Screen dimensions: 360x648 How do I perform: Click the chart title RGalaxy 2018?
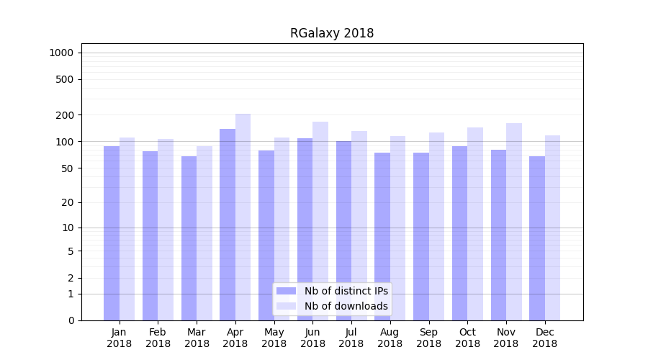click(332, 33)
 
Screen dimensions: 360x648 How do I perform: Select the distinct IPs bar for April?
click(228, 223)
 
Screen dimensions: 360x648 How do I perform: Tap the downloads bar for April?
click(243, 216)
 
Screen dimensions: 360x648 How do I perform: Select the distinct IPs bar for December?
click(537, 238)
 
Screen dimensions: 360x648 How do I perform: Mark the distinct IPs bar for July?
click(343, 230)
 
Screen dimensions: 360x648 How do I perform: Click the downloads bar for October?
click(475, 223)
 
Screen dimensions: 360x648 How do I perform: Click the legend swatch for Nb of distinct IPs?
click(287, 291)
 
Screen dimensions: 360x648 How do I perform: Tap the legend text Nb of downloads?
click(346, 306)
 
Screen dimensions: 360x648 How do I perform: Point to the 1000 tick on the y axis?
click(61, 53)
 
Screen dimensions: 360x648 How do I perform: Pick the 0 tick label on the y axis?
click(71, 320)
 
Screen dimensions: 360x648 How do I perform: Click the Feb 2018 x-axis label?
click(158, 338)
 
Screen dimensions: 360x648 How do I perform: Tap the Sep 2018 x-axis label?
click(428, 338)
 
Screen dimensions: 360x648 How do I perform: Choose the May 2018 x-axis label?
click(274, 338)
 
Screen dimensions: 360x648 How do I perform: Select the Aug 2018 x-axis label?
click(390, 338)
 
